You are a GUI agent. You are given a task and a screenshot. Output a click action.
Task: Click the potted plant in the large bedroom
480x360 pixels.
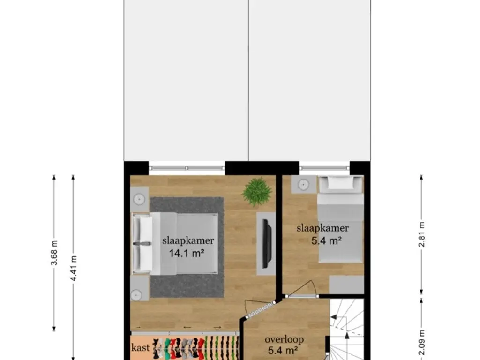(x=257, y=192)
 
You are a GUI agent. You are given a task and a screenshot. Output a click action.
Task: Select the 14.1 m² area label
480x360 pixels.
(x=187, y=253)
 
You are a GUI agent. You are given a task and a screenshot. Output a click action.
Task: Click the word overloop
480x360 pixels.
(x=284, y=339)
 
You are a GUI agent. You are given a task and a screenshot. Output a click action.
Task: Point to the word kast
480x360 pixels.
(x=141, y=347)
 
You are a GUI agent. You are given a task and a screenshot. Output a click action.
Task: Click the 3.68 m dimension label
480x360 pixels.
(x=54, y=253)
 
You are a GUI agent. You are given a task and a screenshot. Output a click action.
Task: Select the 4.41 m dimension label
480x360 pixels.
(x=73, y=268)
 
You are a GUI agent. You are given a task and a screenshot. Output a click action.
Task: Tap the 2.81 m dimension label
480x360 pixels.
(x=421, y=234)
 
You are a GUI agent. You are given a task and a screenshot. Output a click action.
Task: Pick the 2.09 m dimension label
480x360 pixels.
(x=421, y=343)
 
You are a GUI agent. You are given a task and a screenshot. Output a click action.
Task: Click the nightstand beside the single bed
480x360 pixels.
(x=303, y=184)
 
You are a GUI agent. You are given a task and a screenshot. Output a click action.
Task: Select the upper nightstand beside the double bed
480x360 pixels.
(x=140, y=199)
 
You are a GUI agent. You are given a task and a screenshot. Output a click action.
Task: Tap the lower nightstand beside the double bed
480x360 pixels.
(x=140, y=288)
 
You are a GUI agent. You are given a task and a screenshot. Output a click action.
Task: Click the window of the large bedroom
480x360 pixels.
(x=187, y=168)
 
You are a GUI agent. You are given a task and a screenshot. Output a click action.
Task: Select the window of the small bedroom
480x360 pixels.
(x=324, y=168)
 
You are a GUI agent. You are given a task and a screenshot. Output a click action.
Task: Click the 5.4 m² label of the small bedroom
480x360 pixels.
(x=327, y=240)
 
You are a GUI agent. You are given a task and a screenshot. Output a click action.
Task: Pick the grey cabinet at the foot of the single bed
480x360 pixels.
(x=346, y=285)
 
